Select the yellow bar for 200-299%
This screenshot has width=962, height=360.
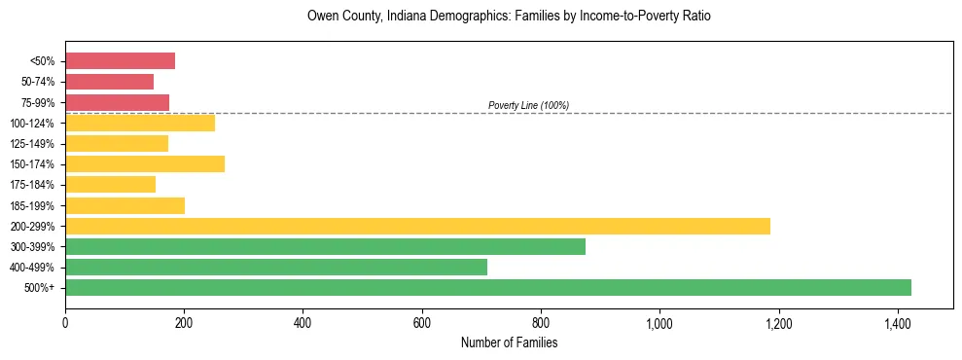click(417, 226)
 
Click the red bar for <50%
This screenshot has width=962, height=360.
click(120, 61)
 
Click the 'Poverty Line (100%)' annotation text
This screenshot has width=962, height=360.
click(528, 105)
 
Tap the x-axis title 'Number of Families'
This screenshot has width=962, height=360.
click(509, 342)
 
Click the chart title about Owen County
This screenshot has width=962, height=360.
click(509, 17)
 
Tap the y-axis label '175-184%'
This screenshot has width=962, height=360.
click(37, 185)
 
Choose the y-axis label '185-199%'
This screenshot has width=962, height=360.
click(37, 205)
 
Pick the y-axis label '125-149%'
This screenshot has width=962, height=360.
click(37, 144)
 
